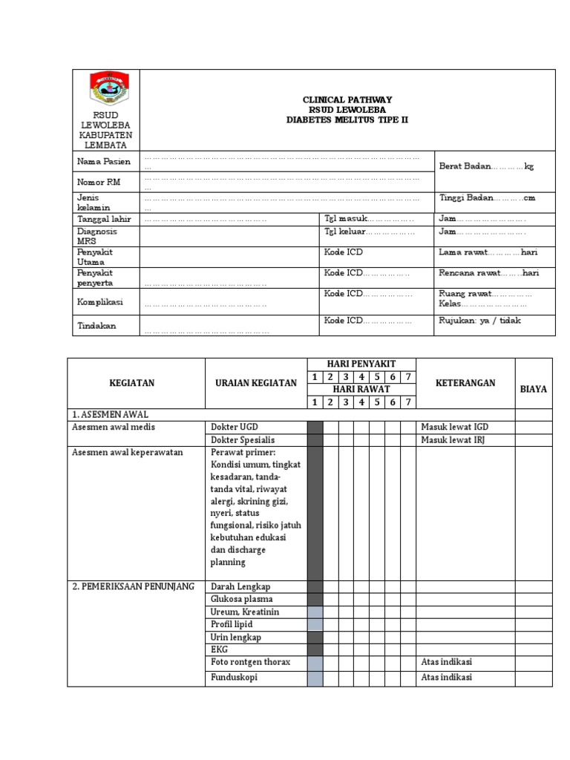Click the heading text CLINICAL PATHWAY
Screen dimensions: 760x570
(347, 99)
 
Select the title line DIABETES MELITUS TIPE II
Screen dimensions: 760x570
(347, 120)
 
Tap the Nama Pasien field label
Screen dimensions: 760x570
(103, 162)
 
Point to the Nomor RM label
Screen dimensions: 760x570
(98, 182)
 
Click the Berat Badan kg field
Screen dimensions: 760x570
(486, 166)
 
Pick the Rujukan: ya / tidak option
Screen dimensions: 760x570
(479, 320)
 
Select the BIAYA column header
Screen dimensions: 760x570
(534, 389)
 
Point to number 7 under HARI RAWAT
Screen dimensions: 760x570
(407, 402)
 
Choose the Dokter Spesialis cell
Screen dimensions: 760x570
(240, 439)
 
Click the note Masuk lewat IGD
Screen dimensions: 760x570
(454, 427)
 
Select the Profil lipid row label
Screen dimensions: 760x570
(232, 624)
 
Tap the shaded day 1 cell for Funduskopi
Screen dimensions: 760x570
(315, 677)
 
